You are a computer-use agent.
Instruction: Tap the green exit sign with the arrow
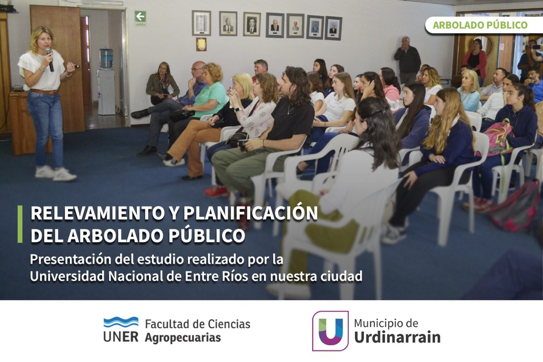pos(140,18)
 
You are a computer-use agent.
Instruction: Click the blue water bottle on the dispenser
pos(106,58)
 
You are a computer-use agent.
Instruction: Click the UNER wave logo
pos(121,322)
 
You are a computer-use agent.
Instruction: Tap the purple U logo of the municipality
pos(331,331)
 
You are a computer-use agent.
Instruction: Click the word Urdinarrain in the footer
pos(397,337)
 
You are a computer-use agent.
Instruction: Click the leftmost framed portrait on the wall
pos(202,23)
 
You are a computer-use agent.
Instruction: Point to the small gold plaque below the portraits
pos(201,44)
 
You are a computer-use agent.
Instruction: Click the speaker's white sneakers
pos(56,174)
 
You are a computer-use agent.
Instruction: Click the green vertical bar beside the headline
pos(20,224)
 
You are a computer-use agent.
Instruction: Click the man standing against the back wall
pos(407,60)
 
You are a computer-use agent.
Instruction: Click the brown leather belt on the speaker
pos(44,92)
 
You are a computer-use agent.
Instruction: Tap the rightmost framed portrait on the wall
pos(333,28)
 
